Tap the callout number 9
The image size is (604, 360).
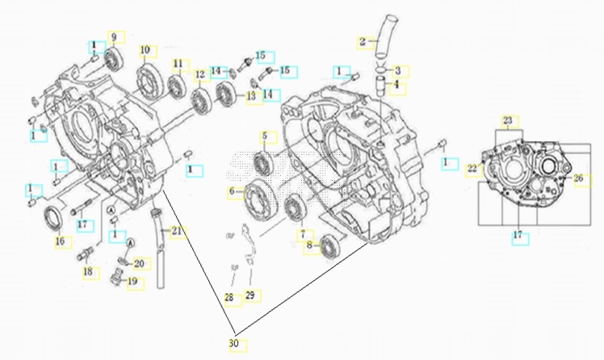pos(114,37)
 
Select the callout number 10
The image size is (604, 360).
pos(145,50)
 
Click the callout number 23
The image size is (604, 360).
pos(507,121)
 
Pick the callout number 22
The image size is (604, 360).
pos(472,168)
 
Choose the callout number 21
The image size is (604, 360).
pos(176,232)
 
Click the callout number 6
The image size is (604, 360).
pos(233,191)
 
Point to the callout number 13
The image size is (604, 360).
pos(251,96)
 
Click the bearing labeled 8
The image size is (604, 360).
pos(329,245)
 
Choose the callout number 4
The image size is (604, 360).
pos(397,82)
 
